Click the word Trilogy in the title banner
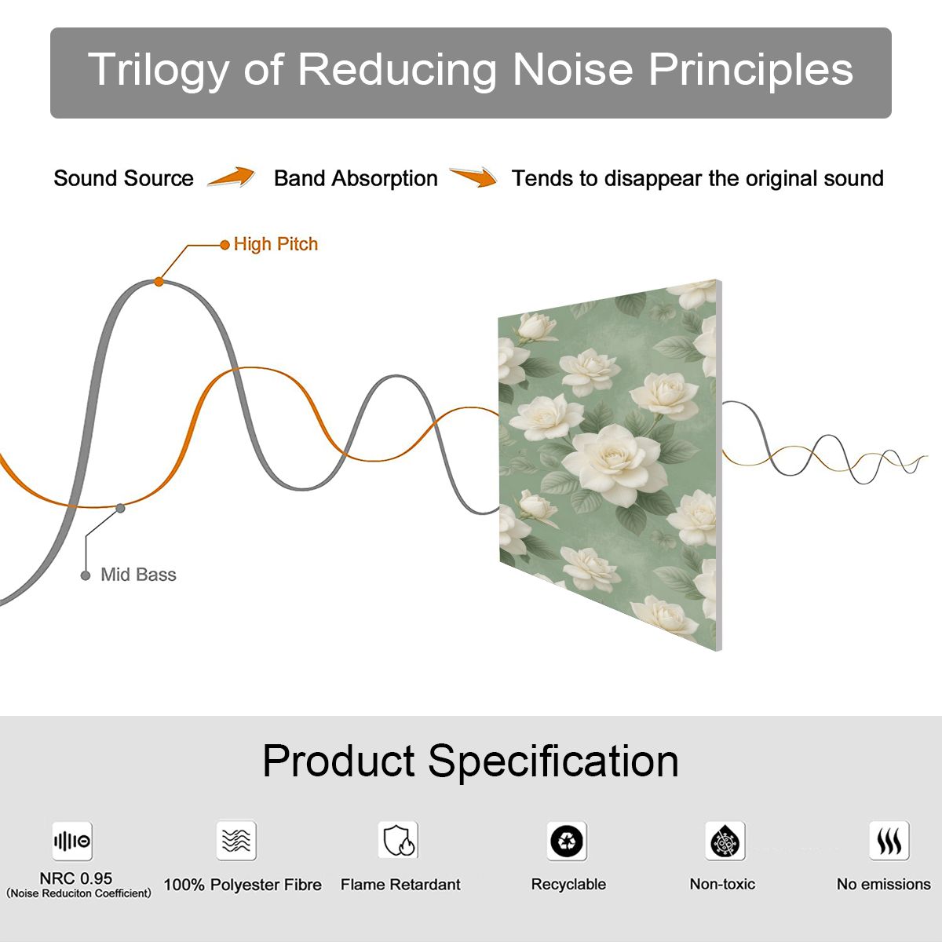[x=159, y=71]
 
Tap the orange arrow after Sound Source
[x=232, y=177]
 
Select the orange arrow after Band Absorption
[x=473, y=177]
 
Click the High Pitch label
[x=276, y=244]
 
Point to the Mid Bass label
[x=138, y=575]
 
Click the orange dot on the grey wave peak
[x=159, y=282]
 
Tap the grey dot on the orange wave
[x=120, y=509]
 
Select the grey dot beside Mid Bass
[x=86, y=575]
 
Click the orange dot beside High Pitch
[x=225, y=245]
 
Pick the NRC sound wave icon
[x=72, y=841]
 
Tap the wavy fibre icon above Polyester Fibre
[x=236, y=840]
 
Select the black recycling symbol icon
[x=567, y=841]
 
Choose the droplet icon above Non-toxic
[x=725, y=841]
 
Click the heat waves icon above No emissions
[x=889, y=840]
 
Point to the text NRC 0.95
[x=76, y=878]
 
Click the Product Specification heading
[x=470, y=761]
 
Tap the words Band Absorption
[x=356, y=178]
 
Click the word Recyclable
[x=568, y=885]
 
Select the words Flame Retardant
[x=400, y=885]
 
